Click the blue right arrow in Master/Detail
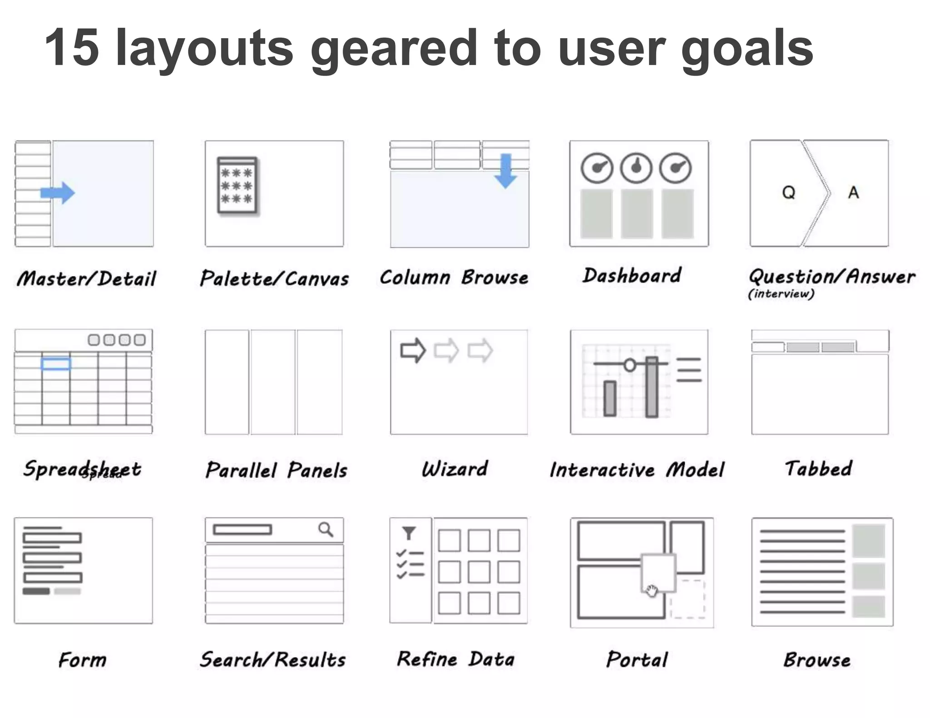[x=58, y=193]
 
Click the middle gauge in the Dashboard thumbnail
[x=636, y=168]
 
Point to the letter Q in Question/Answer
[x=789, y=193]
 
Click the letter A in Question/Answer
[x=854, y=193]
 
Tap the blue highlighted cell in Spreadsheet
[x=56, y=364]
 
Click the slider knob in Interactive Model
[x=630, y=364]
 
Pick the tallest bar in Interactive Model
[x=652, y=387]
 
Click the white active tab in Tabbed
[x=767, y=348]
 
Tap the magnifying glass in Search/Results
[x=326, y=529]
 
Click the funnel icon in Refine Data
[x=409, y=533]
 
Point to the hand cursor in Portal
[x=652, y=590]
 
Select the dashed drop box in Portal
[x=688, y=599]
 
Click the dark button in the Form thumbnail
[x=36, y=591]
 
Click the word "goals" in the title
[x=747, y=48]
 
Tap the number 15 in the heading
[x=72, y=48]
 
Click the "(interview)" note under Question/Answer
[x=781, y=294]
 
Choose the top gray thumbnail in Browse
[x=868, y=540]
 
